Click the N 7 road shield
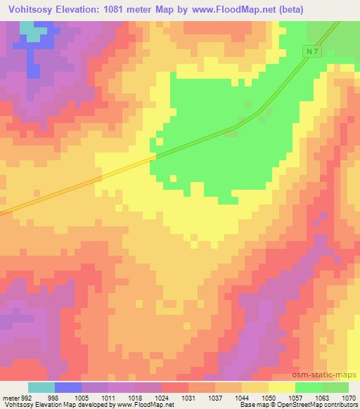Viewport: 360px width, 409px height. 314,53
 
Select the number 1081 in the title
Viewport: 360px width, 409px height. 126,10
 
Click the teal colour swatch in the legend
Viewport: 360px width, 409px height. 41,387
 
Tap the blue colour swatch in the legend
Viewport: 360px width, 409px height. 68,387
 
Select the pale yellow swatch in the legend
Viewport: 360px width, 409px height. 282,387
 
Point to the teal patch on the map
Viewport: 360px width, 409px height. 29,30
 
